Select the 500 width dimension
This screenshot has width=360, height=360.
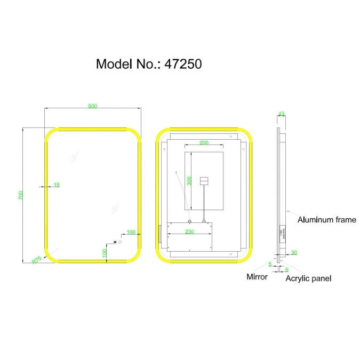coord(92,106)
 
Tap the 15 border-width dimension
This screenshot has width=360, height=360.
coord(57,185)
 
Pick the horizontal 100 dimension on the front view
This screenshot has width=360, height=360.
coord(131,232)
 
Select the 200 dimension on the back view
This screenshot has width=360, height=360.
coord(204,142)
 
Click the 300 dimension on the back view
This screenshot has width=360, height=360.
coord(189,181)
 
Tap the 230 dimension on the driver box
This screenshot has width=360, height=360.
coord(189,231)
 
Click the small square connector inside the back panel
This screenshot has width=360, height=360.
coord(203,181)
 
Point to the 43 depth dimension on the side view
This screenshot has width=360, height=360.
coord(281,114)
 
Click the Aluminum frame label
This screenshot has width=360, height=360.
coord(326,220)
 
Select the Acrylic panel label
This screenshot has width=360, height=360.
coord(308,278)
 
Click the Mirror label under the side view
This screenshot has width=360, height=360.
coord(257,277)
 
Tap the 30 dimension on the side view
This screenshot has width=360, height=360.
coord(294,253)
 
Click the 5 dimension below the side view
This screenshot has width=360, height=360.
coord(270,264)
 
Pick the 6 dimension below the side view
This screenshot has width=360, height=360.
coord(286,270)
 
